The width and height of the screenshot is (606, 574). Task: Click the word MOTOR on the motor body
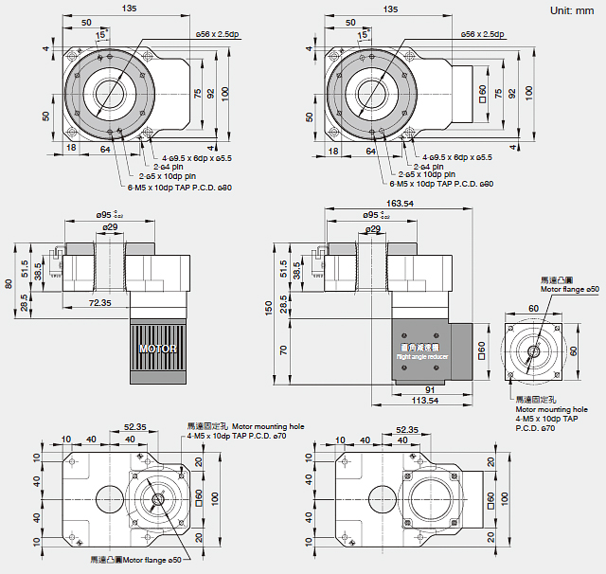[158, 348]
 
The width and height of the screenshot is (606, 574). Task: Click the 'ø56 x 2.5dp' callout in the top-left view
[218, 34]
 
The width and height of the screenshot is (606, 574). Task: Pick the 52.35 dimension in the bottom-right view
[408, 429]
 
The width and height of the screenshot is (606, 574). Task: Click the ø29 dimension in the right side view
[373, 230]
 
